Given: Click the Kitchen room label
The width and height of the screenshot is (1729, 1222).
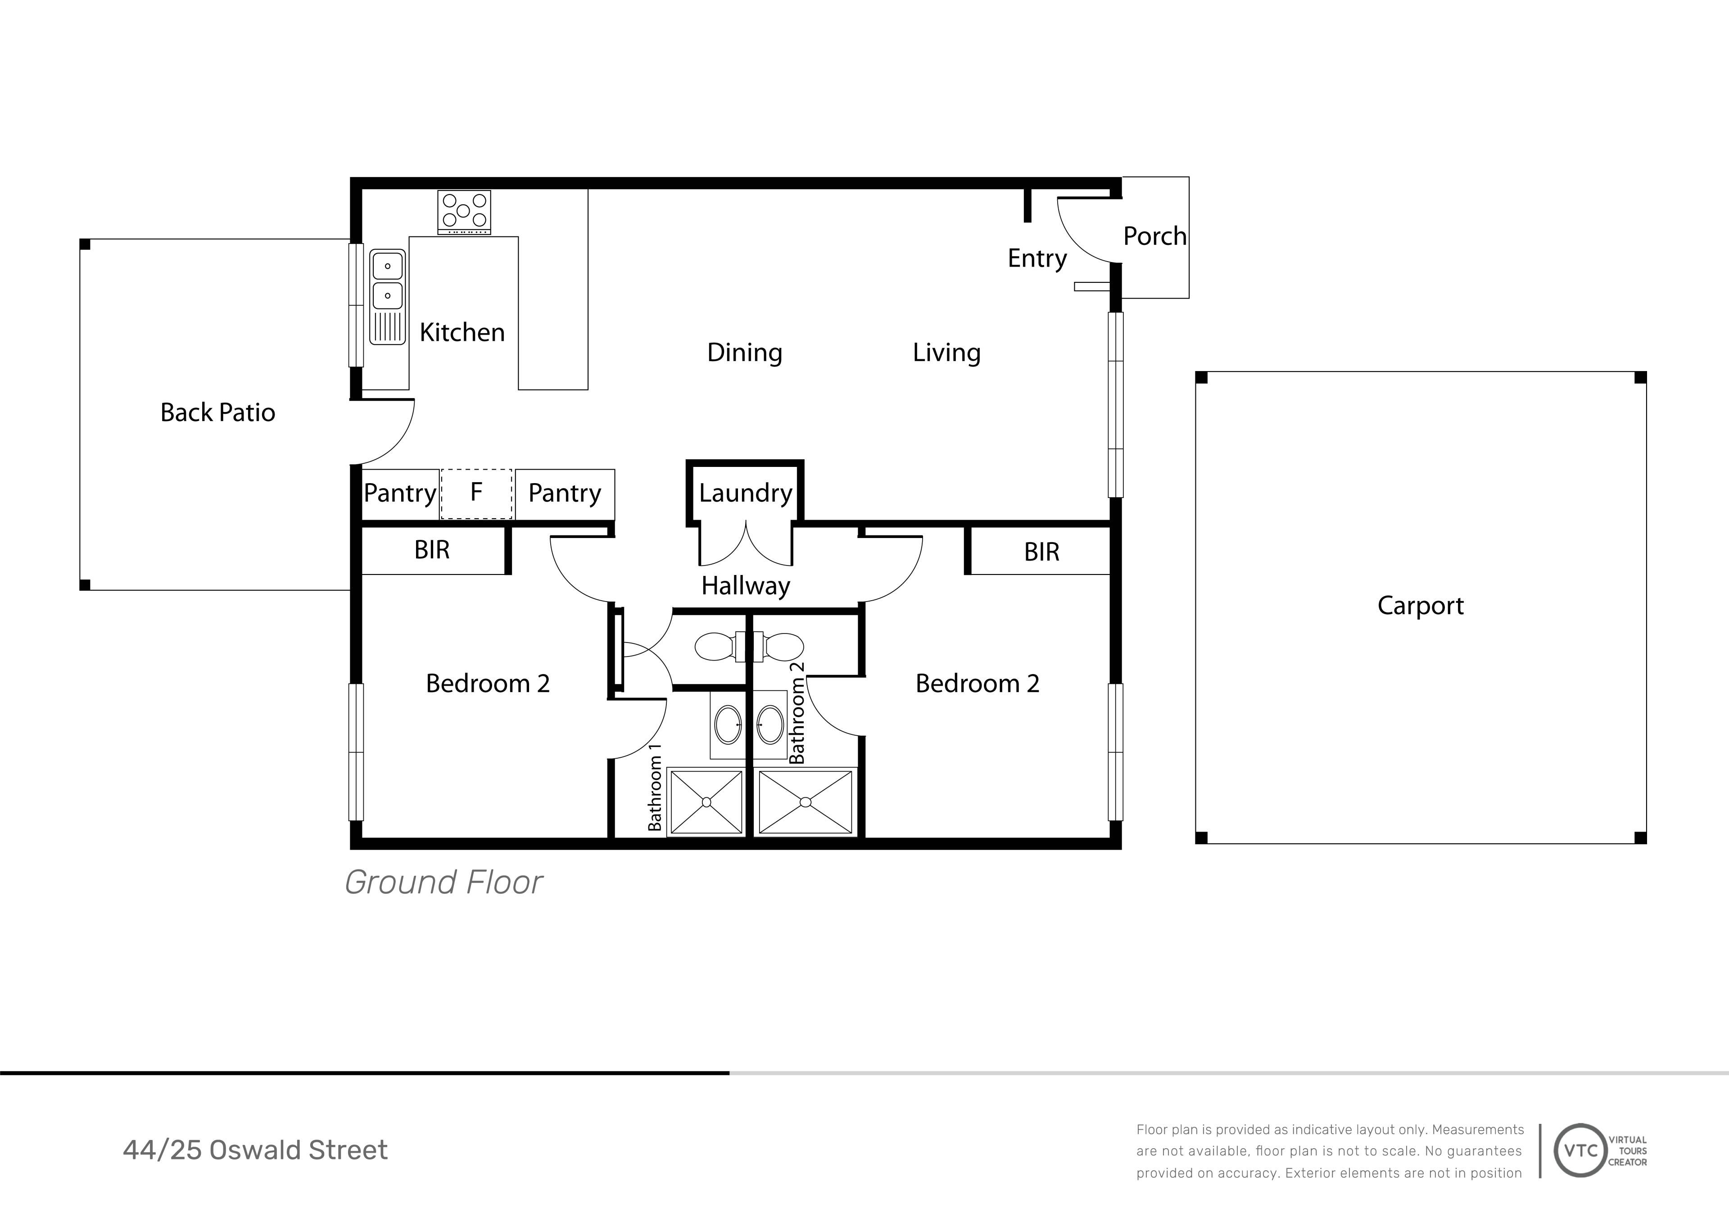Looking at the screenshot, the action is [x=462, y=332].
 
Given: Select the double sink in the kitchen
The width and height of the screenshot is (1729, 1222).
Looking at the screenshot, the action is [x=388, y=297].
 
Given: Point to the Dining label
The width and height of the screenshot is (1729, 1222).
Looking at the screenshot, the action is [x=745, y=353].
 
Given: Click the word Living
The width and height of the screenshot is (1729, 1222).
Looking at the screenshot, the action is [x=946, y=353].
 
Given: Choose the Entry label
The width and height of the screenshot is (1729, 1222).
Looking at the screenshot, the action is [x=1037, y=258].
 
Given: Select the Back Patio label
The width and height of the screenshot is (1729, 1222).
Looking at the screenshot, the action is [x=217, y=412].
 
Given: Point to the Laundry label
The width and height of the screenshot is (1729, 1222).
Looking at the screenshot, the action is [x=746, y=493].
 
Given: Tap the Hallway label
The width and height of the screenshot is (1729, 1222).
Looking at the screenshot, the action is [x=746, y=586].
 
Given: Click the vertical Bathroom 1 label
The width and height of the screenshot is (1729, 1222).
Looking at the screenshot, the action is [x=655, y=787].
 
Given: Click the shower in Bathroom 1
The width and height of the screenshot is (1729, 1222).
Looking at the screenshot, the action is [x=706, y=802].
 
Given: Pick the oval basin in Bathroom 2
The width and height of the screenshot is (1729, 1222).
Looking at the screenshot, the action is [x=769, y=725].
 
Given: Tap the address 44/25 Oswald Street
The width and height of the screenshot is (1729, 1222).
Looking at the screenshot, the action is [x=255, y=1150].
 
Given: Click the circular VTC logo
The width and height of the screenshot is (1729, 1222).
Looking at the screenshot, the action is [x=1581, y=1150].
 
